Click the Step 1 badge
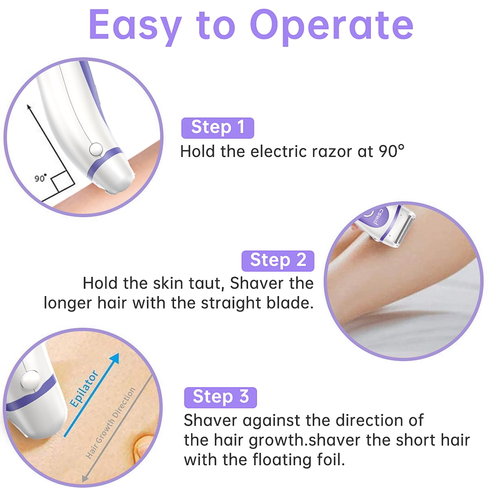tap(218, 128)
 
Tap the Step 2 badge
tap(278, 261)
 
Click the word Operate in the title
tap(331, 25)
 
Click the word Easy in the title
tap(135, 25)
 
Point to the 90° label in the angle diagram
tap(40, 178)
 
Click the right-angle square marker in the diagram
tap(62, 182)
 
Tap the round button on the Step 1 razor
tap(96, 150)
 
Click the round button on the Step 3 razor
tap(30, 380)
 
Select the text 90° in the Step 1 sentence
tap(392, 152)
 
